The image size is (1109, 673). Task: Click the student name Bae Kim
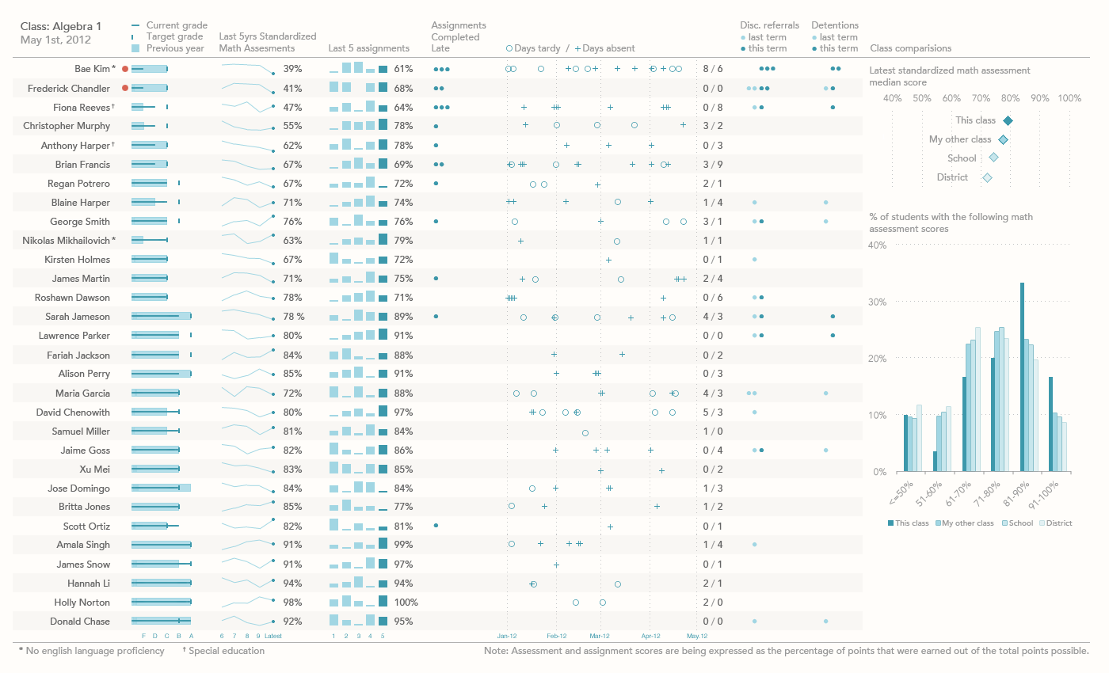[92, 69]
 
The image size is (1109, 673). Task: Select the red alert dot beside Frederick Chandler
[125, 88]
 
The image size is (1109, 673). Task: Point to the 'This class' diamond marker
[1008, 120]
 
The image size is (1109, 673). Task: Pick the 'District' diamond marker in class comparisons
[987, 177]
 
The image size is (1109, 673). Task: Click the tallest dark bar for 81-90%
[1023, 376]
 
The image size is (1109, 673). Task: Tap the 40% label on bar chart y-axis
[878, 245]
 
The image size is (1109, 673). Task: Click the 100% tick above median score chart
[1069, 98]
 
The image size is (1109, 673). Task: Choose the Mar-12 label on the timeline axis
[600, 636]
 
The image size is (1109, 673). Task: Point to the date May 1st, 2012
[55, 40]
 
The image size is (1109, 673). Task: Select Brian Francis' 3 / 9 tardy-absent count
[713, 165]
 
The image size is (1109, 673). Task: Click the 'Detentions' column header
[835, 25]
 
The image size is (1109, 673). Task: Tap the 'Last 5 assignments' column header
[368, 48]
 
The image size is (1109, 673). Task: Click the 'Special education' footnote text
[226, 651]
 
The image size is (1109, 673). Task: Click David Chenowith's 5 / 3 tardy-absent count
[713, 413]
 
